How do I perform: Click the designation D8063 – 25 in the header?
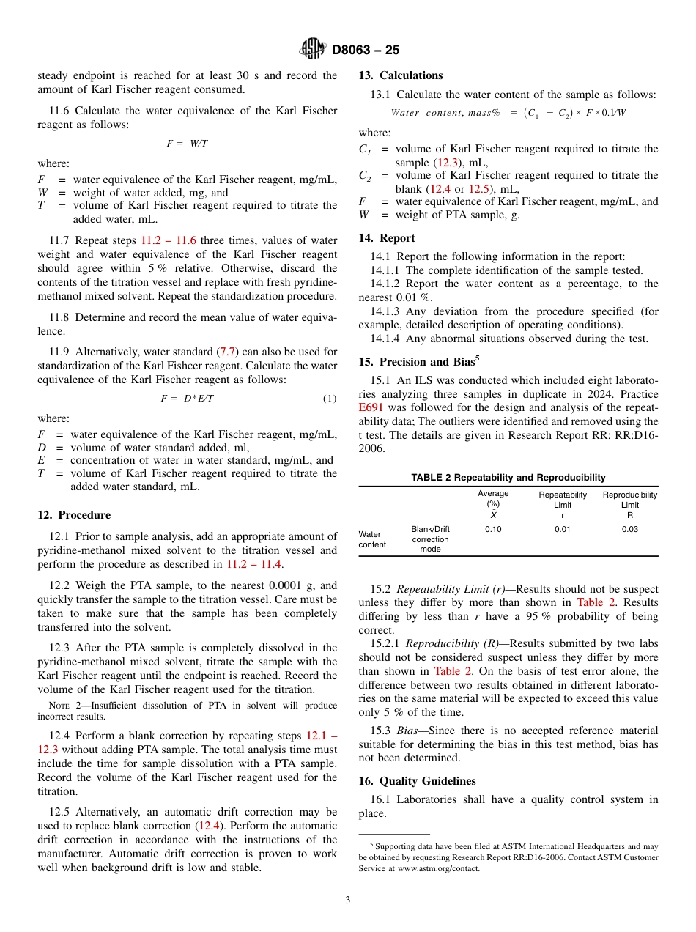[365, 51]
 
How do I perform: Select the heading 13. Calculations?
[400, 75]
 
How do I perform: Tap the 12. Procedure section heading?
[74, 515]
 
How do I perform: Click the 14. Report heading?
[387, 238]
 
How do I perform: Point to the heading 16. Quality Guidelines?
[417, 781]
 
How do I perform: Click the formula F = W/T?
[187, 144]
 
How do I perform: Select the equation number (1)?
[330, 398]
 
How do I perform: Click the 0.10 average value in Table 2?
[493, 530]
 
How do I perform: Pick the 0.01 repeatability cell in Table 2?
[562, 530]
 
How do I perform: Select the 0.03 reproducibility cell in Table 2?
[629, 530]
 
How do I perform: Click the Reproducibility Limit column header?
[629, 500]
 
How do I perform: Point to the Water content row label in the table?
[372, 539]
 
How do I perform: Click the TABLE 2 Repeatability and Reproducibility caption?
[508, 478]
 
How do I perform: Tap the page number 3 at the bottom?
[347, 900]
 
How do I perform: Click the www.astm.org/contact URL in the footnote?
[438, 869]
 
